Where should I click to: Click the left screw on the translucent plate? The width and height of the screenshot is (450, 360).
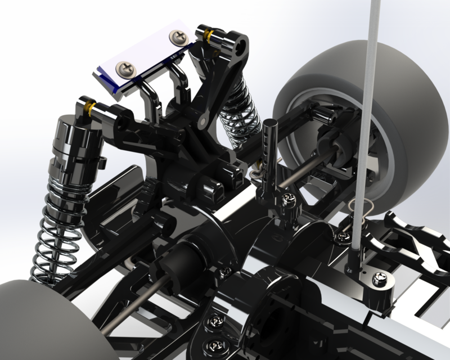pos(125,69)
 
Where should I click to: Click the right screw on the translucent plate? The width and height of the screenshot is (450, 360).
pos(179,37)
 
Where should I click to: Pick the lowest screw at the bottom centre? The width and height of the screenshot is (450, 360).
pos(214,343)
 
